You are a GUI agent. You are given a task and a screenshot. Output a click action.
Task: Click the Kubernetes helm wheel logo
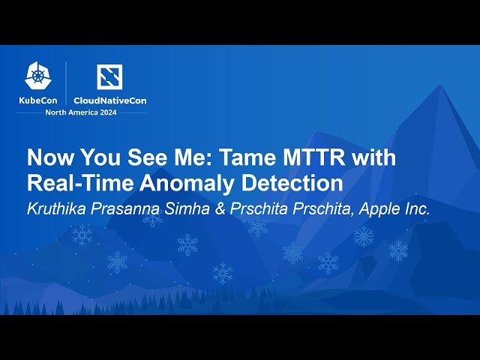point(38,76)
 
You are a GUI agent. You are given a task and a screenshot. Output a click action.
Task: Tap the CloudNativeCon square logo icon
point(109,76)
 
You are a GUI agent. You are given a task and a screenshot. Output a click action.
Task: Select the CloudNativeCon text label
point(110,100)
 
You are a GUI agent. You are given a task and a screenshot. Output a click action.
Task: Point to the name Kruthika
point(57,208)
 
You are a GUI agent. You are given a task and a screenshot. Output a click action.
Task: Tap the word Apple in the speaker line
point(379,209)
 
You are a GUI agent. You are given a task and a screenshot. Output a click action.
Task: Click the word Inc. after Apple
point(417,208)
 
